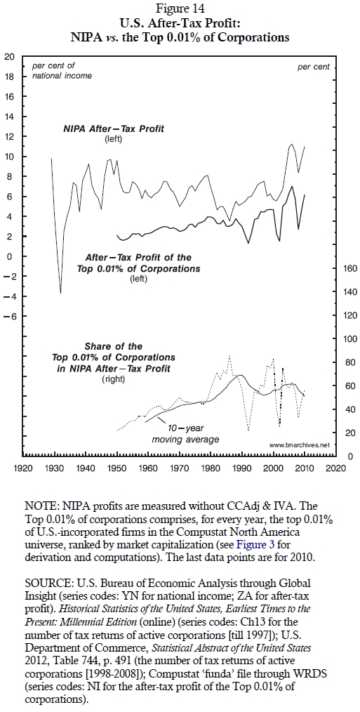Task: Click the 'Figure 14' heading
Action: pos(180,8)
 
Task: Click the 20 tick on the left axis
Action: pos(9,57)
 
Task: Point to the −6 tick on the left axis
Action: pos(9,316)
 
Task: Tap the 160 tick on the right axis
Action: pos(351,268)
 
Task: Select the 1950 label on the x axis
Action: pos(117,467)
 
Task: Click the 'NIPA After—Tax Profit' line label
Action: pos(114,129)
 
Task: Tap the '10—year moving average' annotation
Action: pos(185,434)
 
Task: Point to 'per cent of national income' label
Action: pos(62,71)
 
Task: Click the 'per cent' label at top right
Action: pos(314,67)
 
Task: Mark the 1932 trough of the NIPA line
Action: pos(61,293)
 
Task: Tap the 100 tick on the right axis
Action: pos(351,339)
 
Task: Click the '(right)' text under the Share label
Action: pos(114,378)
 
